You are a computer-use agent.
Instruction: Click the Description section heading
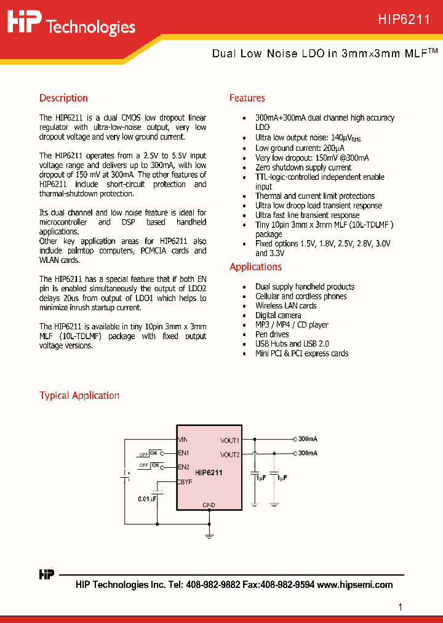click(63, 98)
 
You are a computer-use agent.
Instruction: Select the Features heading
click(247, 98)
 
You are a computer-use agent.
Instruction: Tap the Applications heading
click(255, 267)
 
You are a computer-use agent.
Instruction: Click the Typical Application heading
click(79, 395)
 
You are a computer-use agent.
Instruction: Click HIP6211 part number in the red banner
click(404, 20)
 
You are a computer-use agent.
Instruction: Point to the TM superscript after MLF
click(433, 50)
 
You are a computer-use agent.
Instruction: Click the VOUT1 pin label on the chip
click(229, 440)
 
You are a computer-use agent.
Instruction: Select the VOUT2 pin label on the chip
click(229, 454)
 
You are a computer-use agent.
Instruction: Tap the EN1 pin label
click(183, 453)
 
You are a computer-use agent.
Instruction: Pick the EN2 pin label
click(183, 467)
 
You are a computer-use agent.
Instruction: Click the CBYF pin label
click(185, 482)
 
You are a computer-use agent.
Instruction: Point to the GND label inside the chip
click(209, 505)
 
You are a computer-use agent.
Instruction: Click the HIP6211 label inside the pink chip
click(209, 473)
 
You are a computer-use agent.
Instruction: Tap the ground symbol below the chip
click(209, 536)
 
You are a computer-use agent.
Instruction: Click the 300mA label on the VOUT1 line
click(308, 440)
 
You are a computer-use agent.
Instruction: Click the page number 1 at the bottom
click(401, 607)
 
